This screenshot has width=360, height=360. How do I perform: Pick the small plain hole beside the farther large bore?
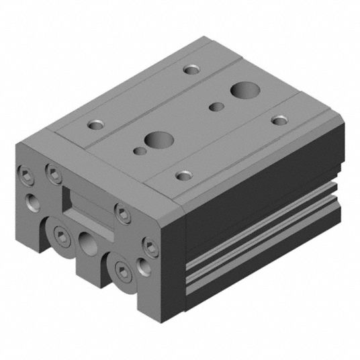click(x=215, y=105)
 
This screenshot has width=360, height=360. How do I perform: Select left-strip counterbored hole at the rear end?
click(x=193, y=69)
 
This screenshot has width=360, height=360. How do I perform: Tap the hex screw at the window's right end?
click(x=122, y=213)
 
